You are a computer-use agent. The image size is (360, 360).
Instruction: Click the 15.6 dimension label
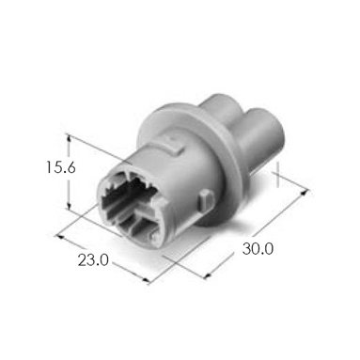[61, 167]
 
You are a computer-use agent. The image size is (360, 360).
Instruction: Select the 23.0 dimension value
[93, 259]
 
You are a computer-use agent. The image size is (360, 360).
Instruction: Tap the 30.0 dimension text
[258, 249]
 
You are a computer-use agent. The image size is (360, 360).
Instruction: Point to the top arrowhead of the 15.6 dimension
[69, 138]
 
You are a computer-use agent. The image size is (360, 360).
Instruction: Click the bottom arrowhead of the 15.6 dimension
[69, 206]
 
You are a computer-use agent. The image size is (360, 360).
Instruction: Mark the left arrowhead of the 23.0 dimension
[59, 237]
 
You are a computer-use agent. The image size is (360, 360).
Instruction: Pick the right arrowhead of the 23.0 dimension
[146, 281]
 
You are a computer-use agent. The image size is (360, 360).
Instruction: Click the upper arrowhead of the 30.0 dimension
[305, 192]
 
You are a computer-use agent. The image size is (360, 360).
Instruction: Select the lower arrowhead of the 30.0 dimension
[208, 275]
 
